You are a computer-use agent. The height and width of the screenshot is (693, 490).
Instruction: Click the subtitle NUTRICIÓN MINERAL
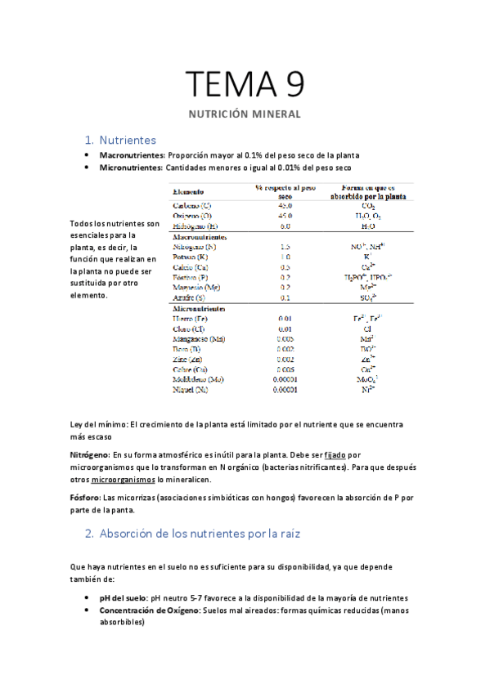(245, 114)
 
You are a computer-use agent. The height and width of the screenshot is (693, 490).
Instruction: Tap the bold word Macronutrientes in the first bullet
(132, 154)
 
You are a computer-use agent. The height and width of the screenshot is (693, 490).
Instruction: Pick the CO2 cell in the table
(368, 205)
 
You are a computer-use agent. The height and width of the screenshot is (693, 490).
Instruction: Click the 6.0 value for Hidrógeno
(285, 225)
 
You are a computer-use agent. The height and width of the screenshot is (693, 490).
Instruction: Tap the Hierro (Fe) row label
(191, 318)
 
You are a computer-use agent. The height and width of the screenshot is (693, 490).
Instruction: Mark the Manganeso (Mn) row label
(199, 338)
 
